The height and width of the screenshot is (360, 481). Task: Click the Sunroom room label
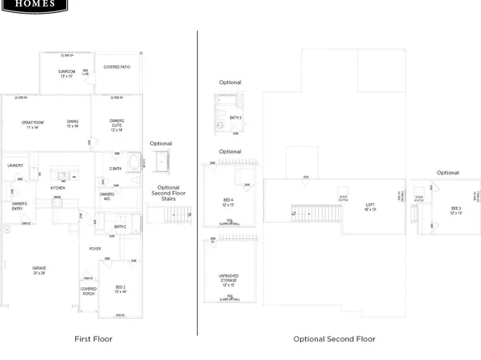tap(65, 73)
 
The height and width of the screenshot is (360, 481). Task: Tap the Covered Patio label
tap(115, 68)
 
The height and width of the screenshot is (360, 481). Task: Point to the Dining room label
tap(73, 123)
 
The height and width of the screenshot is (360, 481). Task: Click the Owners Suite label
tap(116, 123)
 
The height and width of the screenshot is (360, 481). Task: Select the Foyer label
tap(94, 249)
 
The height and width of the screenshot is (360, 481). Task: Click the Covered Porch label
tap(88, 291)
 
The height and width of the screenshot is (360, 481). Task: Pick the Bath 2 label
tap(120, 227)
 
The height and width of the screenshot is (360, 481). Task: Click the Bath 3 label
tap(235, 118)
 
